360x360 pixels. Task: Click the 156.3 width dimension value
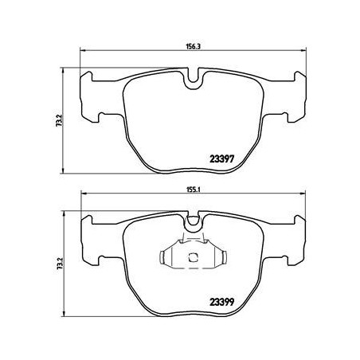coord(193,46)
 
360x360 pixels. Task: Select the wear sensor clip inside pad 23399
coord(193,257)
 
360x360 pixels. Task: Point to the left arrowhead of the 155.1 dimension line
coord(84,198)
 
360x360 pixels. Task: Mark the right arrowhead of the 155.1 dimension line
coord(303,198)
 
